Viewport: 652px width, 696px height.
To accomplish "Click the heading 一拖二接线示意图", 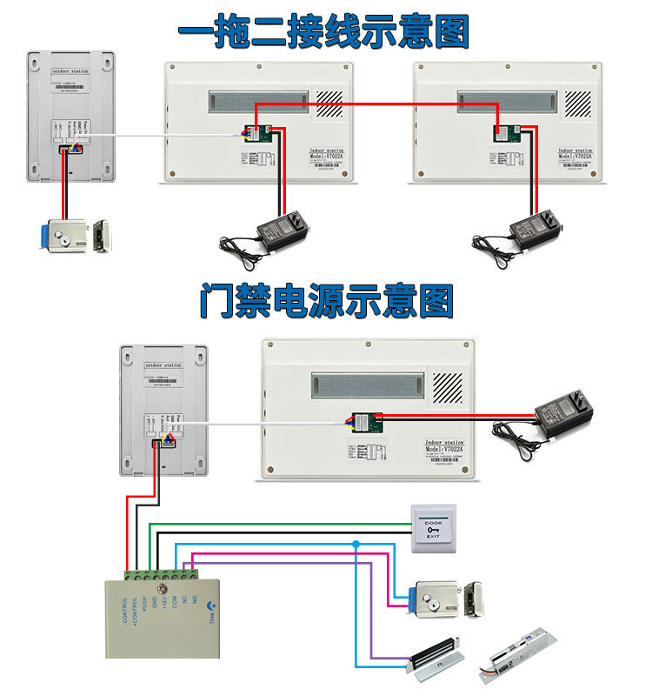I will (323, 32).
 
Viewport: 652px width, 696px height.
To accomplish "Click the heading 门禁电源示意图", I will (326, 301).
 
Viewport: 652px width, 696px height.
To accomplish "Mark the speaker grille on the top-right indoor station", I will (577, 103).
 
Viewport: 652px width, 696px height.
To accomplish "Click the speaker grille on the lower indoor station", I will (448, 386).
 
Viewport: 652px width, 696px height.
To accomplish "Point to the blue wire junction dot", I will (356, 544).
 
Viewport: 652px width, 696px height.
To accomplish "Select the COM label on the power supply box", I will (175, 601).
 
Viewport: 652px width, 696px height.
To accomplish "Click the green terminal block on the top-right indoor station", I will (504, 133).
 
